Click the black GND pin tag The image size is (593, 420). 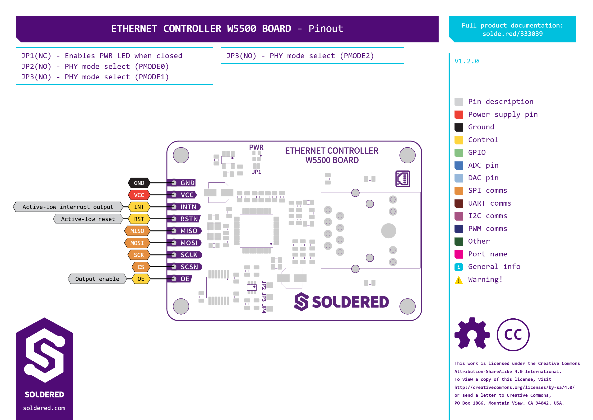click(x=139, y=183)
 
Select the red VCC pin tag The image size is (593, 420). click(x=139, y=195)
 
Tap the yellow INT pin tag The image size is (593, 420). click(x=139, y=207)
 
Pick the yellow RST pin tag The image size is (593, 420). click(x=139, y=219)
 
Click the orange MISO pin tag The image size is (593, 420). click(x=137, y=231)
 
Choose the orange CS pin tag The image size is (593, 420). click(x=141, y=267)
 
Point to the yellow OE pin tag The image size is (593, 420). click(x=141, y=279)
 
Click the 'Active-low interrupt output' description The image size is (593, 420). click(x=68, y=207)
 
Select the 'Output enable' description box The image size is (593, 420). click(x=97, y=279)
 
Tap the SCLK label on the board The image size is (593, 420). click(x=189, y=255)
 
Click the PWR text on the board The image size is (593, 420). click(x=256, y=147)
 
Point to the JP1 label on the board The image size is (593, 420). click(x=257, y=172)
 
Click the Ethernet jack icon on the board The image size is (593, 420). click(x=403, y=179)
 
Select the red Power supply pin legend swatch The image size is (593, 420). click(x=459, y=115)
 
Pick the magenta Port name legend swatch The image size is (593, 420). click(x=459, y=254)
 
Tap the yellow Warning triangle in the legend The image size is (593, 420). click(x=459, y=280)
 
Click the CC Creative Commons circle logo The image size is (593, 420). click(x=513, y=335)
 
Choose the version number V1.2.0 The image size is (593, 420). click(x=466, y=61)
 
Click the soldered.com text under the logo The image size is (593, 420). click(x=44, y=408)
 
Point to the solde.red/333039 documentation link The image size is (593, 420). click(x=512, y=34)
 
